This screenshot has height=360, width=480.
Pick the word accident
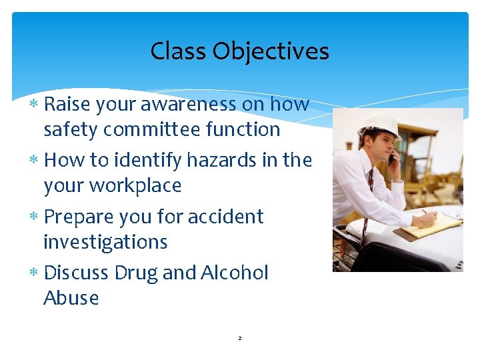click(225, 217)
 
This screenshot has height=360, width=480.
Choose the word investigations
click(105, 241)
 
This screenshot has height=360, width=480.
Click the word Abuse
click(71, 298)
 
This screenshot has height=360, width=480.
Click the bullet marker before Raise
click(35, 105)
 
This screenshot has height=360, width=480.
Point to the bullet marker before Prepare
click(35, 217)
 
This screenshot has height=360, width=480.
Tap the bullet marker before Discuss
click(35, 273)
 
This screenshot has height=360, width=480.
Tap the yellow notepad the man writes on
click(431, 226)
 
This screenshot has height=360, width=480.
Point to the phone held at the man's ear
click(391, 158)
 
